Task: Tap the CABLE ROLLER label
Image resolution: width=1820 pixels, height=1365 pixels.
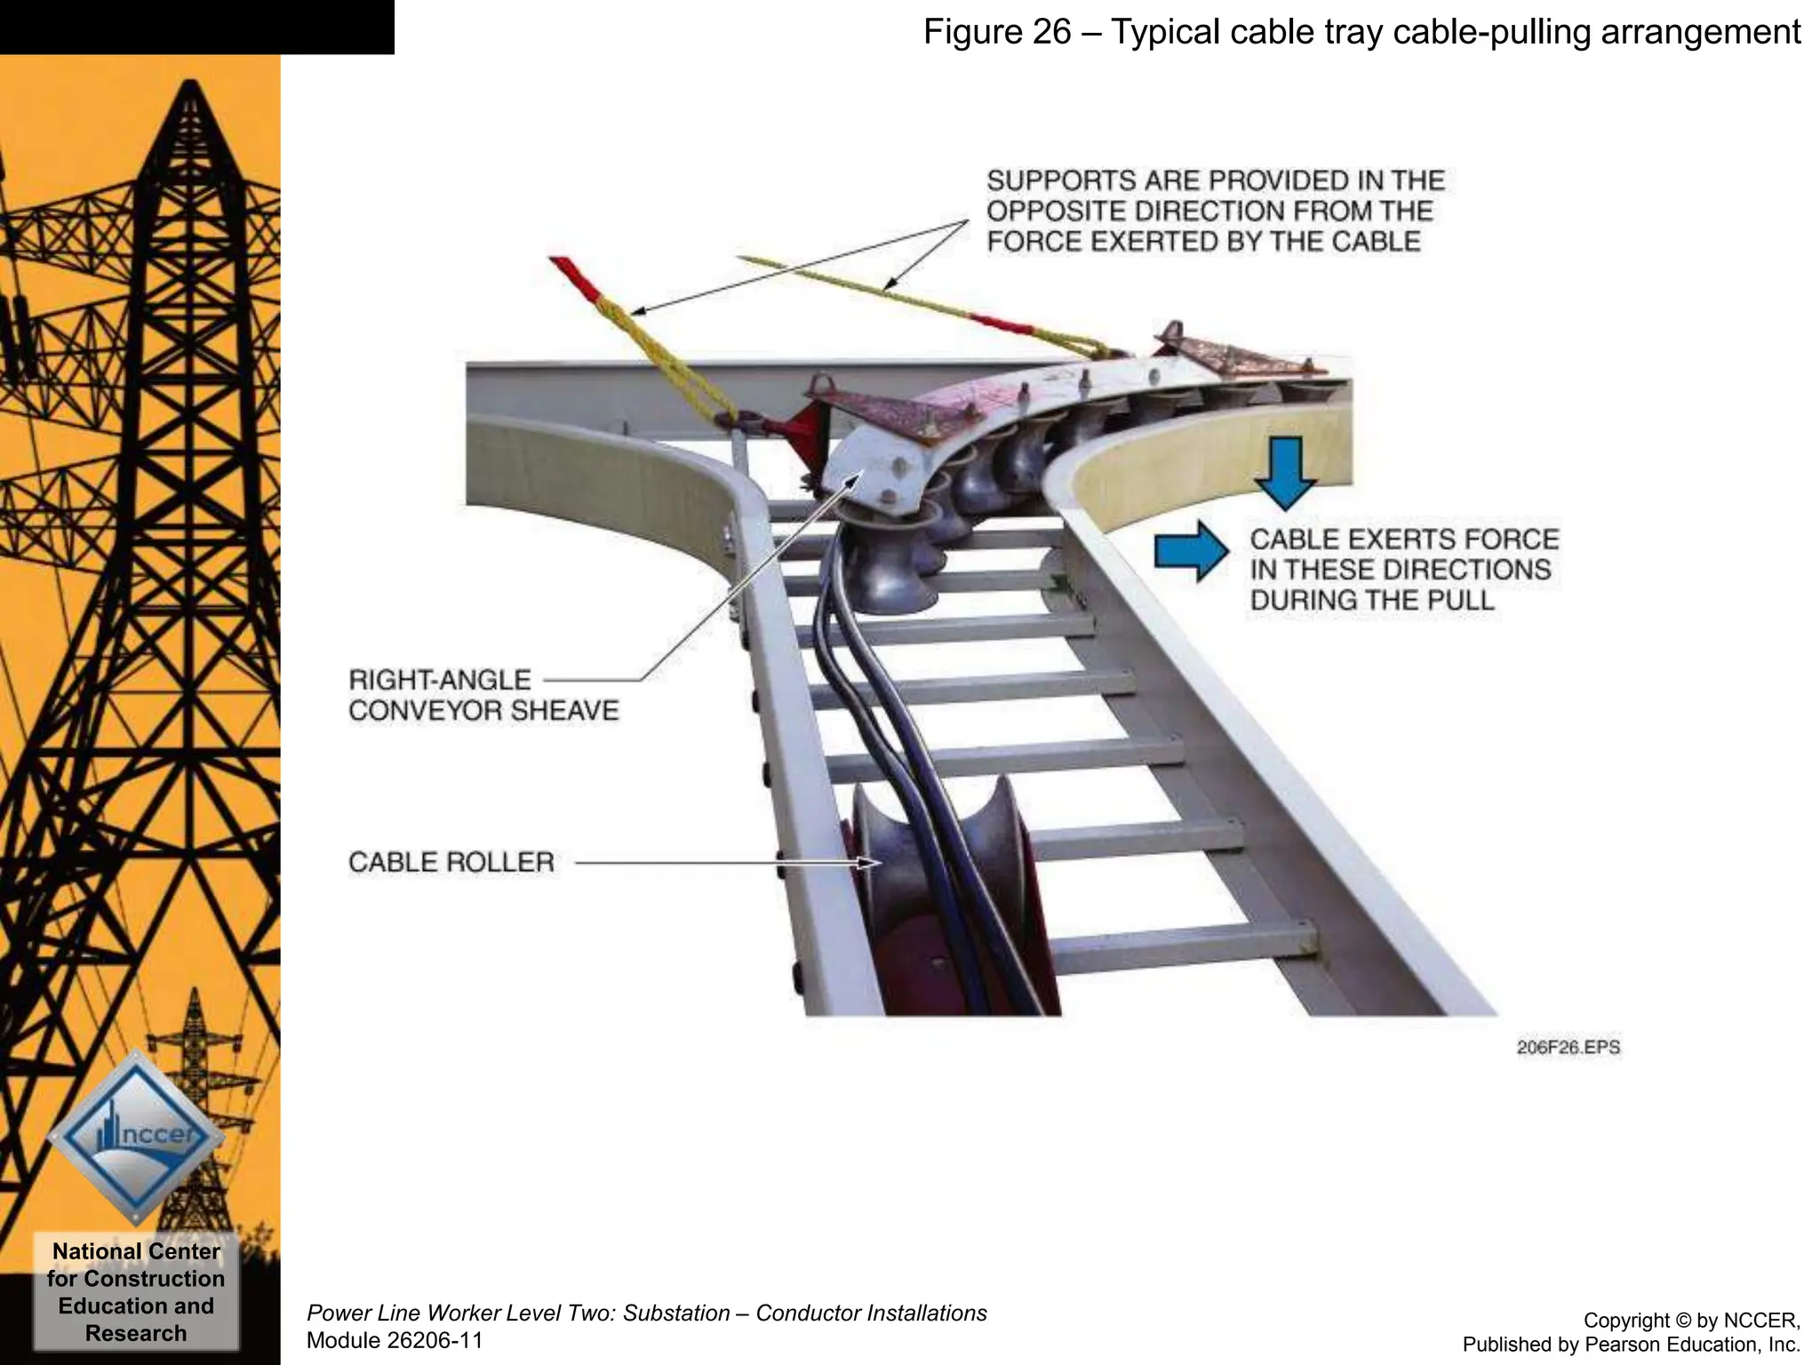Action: pyautogui.click(x=451, y=862)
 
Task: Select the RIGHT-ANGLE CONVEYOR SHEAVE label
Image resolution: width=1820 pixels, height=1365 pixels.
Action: pyautogui.click(x=483, y=696)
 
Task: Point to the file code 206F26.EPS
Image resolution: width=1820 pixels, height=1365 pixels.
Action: pyautogui.click(x=1568, y=1048)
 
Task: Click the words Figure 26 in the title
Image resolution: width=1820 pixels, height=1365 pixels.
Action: pyautogui.click(x=997, y=32)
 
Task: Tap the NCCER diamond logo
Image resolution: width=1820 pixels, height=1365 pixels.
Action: pyautogui.click(x=136, y=1137)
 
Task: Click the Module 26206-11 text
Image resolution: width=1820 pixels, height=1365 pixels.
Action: pyautogui.click(x=395, y=1340)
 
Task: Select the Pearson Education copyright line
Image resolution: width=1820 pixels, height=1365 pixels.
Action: pyautogui.click(x=1631, y=1345)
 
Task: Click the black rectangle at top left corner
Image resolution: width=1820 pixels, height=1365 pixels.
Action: pyautogui.click(x=196, y=27)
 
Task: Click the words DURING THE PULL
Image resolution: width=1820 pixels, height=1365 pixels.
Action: pyautogui.click(x=1372, y=600)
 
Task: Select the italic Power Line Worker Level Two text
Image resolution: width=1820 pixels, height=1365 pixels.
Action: pyautogui.click(x=646, y=1313)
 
